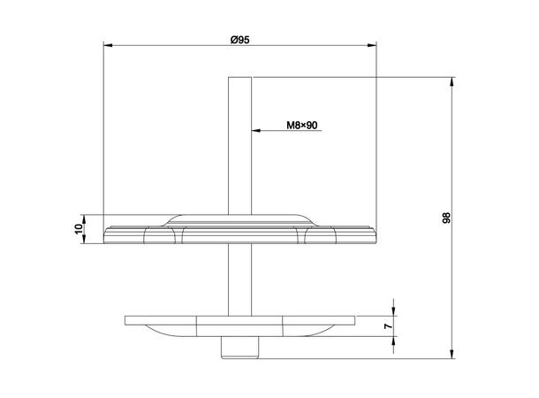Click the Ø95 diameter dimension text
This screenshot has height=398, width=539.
[x=240, y=38]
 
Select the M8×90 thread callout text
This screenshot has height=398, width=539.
[x=302, y=126]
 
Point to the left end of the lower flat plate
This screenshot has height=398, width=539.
[x=127, y=319]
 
